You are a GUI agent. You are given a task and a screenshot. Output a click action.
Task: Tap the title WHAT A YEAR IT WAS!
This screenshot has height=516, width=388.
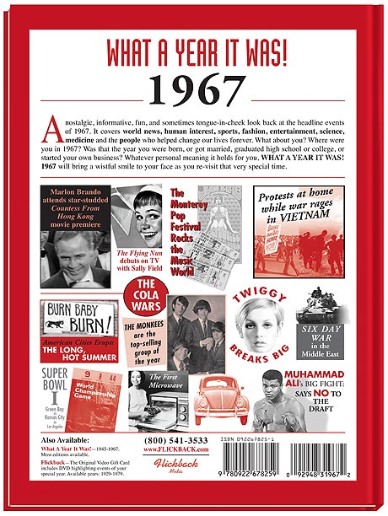coord(193,52)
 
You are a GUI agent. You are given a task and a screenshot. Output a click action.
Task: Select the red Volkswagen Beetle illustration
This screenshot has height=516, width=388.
coord(222,396)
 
